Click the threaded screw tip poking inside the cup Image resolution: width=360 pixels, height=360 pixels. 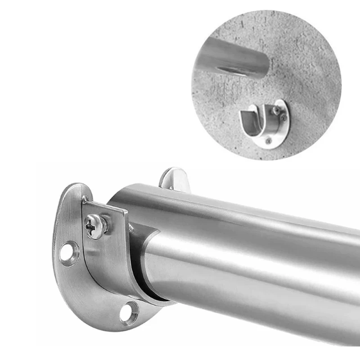tap(131, 229)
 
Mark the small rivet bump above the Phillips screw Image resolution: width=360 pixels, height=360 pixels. tap(85, 198)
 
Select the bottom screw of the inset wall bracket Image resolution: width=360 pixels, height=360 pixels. tap(268, 141)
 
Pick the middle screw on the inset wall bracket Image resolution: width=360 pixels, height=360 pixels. tap(283, 118)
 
